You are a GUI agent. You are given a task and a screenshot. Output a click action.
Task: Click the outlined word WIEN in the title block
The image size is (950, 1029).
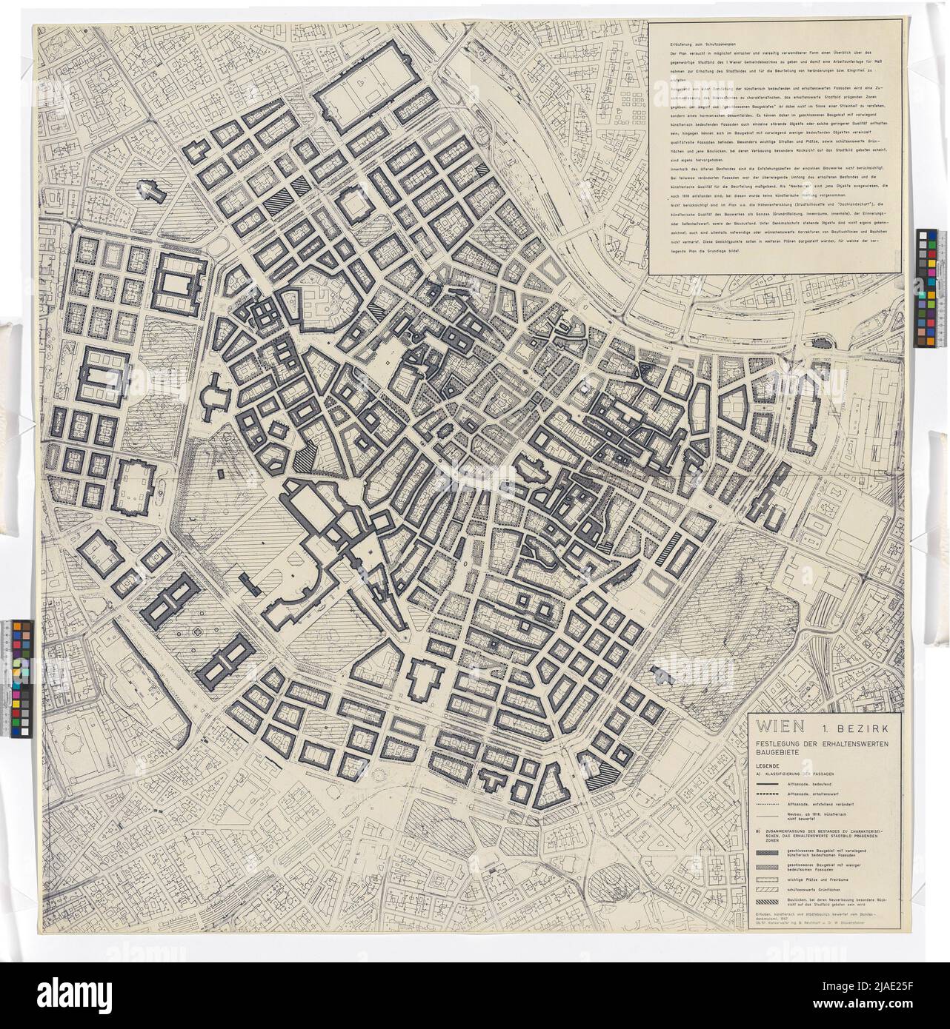click(780, 727)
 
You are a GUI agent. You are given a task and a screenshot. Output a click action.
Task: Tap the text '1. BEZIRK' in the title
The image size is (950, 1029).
click(855, 728)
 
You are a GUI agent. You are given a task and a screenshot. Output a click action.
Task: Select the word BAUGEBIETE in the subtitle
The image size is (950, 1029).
click(777, 753)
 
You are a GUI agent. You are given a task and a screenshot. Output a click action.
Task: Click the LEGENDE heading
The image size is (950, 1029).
click(768, 766)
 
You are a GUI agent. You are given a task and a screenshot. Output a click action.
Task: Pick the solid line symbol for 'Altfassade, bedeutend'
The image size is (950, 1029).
click(768, 784)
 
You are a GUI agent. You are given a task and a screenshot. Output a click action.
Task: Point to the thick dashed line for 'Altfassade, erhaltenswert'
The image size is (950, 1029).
click(768, 794)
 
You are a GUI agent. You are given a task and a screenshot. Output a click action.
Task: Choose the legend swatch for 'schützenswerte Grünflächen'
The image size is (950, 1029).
click(768, 889)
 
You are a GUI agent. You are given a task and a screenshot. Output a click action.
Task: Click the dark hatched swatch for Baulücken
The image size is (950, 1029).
click(768, 902)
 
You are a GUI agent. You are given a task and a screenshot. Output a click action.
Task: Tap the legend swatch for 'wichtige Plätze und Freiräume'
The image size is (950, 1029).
click(768, 879)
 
